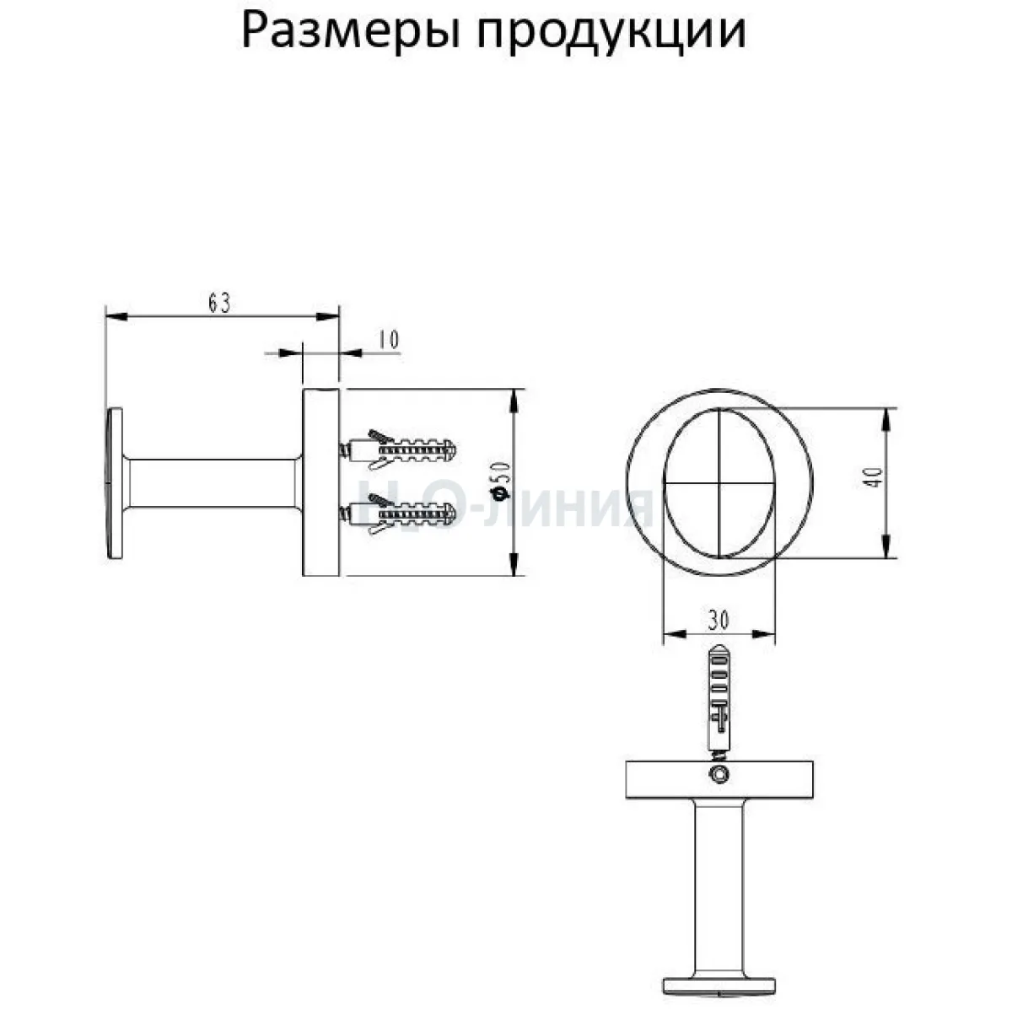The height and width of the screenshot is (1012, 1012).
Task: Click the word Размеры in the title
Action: pos(350,33)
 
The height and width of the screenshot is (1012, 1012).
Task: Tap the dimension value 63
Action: pos(219,303)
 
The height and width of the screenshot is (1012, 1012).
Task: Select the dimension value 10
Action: pos(389,340)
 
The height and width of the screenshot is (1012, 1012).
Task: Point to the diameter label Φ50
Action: pos(501,479)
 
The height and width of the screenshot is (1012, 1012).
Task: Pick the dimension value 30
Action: pos(718,621)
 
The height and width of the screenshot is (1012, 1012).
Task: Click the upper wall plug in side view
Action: pos(397,449)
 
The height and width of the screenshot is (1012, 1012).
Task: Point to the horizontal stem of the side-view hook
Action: pos(213,484)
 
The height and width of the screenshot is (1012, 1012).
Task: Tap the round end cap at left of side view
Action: pos(115,484)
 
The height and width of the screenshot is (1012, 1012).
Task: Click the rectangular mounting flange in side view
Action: pos(321,482)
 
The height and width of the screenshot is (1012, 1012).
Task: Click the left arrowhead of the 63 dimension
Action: pos(116,316)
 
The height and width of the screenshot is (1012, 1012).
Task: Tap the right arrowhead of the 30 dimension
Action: pos(765,634)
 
